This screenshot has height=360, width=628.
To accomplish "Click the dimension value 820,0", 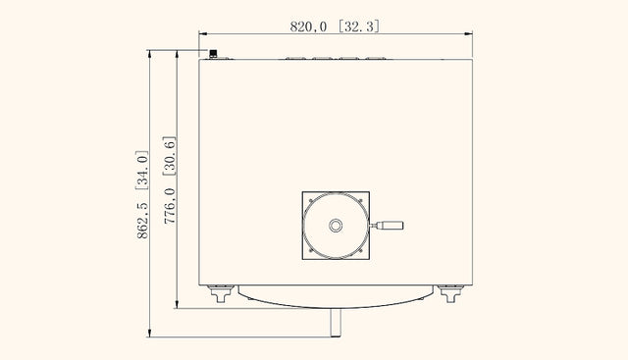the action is tap(308, 26).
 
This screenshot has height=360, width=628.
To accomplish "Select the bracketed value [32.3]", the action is tap(359, 26).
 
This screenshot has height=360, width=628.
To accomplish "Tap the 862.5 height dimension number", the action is tap(142, 221).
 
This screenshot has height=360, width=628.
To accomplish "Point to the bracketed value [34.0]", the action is tap(141, 170).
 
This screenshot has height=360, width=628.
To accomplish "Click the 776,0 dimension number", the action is tap(170, 205).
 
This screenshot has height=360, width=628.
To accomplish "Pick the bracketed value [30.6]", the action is tap(169, 156).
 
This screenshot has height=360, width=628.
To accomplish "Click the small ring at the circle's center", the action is tap(336, 226).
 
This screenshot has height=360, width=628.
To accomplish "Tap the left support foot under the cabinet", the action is tap(221, 293).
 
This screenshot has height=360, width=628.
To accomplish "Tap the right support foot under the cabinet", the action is tap(450, 293).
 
